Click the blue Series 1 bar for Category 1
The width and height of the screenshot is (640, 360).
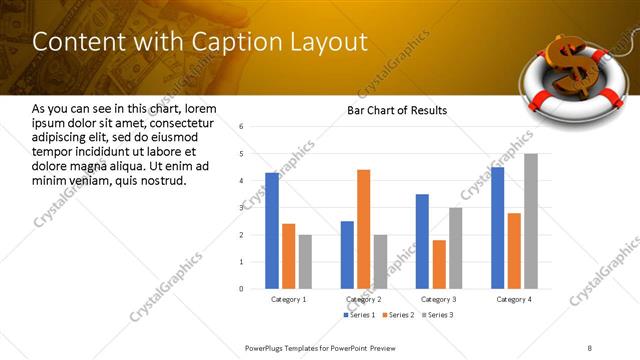coord(272,230)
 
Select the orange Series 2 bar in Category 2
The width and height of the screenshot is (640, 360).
coord(363,229)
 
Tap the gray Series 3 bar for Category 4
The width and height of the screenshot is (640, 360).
coord(531,221)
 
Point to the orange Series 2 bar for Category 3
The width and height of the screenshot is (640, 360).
coord(439,264)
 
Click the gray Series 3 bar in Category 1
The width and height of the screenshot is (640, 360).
coord(305,261)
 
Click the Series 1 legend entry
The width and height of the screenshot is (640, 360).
coord(361,315)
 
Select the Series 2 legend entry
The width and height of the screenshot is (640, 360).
coord(399,315)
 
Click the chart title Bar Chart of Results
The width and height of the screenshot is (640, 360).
coord(397,110)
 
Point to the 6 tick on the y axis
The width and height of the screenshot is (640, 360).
coord(241,127)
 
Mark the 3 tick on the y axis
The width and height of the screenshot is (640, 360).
coord(241,208)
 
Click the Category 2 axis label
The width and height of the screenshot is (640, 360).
coord(364,299)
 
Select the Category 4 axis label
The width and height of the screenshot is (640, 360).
coord(515,299)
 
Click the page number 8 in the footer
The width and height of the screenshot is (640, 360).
coord(589,347)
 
